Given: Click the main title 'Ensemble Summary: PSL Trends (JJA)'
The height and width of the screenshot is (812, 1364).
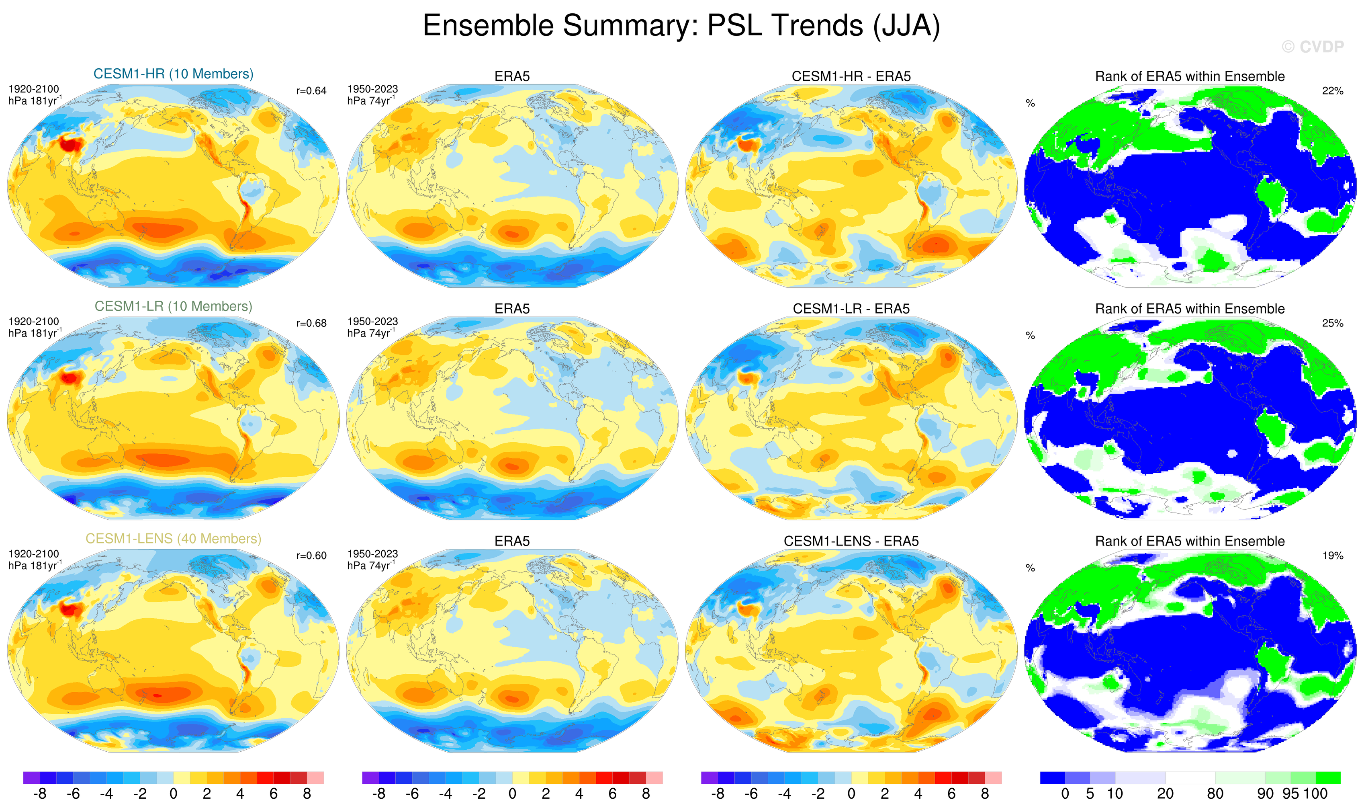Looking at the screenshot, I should [681, 26].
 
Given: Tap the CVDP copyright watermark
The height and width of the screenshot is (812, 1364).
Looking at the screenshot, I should [1312, 47].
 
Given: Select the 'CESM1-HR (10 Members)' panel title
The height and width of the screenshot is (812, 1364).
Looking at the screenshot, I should [174, 74].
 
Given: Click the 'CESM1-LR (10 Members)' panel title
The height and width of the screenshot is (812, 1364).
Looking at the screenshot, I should [174, 306].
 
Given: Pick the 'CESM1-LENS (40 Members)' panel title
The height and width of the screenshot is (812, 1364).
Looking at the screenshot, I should [174, 539].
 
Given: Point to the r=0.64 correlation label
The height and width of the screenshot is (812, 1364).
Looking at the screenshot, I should [311, 91].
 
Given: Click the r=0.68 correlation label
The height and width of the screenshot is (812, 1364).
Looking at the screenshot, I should [311, 323].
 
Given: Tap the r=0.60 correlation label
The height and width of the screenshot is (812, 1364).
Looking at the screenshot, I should [311, 556].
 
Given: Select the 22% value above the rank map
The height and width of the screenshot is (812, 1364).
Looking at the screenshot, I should [1332, 91].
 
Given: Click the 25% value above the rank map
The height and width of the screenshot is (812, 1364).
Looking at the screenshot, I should [1332, 323].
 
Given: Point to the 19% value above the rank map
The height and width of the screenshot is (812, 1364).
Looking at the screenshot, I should [1332, 556].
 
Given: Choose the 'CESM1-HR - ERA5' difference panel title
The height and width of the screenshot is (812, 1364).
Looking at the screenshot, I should [851, 77].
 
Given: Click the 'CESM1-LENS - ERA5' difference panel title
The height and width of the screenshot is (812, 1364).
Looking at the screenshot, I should [851, 541].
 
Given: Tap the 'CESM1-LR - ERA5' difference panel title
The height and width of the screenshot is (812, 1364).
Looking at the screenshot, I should [851, 309].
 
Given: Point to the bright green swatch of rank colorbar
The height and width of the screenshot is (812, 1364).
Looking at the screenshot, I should [1328, 777].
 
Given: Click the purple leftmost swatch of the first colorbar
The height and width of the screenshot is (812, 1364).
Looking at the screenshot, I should [32, 777].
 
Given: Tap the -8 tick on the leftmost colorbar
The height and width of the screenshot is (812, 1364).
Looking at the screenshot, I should [40, 794].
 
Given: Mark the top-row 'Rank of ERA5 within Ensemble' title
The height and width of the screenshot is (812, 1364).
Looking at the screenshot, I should [1190, 77].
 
